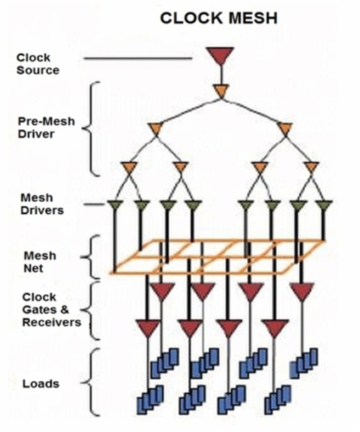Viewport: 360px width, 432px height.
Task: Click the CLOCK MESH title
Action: (219, 18)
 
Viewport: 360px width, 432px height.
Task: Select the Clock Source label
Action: (37, 64)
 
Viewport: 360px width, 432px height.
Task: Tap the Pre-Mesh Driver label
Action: (46, 127)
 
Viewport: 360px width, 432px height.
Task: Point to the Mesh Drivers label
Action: (42, 204)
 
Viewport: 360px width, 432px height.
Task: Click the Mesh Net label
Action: (40, 262)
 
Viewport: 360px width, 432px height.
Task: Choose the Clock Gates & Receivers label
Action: (52, 310)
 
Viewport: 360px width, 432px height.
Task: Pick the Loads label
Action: (41, 384)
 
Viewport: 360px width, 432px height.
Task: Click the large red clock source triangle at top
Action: (220, 55)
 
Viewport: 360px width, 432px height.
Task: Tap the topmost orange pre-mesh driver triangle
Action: (221, 91)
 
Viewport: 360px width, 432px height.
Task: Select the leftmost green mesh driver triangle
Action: (115, 205)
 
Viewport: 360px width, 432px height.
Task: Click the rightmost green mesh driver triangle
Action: (324, 205)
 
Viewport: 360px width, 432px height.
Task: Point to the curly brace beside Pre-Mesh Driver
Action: (91, 129)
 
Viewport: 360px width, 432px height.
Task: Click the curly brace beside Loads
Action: (91, 382)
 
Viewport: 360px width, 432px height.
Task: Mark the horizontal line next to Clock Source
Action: (138, 58)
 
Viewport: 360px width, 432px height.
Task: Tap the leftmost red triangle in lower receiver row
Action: (148, 328)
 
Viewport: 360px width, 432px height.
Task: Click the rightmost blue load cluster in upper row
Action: (304, 363)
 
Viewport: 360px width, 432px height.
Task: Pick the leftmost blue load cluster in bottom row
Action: (150, 400)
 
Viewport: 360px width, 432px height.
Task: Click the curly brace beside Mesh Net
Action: (91, 257)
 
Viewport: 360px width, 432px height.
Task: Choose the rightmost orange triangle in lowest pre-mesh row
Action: (311, 168)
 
